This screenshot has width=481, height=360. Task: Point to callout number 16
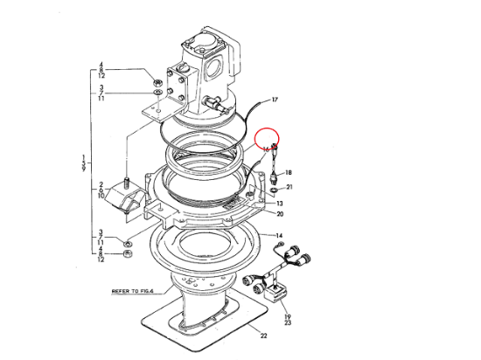click(266, 149)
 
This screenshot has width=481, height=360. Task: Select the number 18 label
click(289, 173)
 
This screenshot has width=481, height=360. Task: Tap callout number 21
click(290, 187)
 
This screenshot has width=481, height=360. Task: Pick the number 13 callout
click(279, 203)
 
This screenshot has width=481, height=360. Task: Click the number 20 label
click(280, 214)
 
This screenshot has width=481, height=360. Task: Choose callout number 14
click(280, 236)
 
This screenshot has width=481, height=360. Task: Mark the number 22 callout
click(261, 334)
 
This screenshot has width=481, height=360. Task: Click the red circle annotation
click(266, 141)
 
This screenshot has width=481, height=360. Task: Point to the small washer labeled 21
click(275, 186)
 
